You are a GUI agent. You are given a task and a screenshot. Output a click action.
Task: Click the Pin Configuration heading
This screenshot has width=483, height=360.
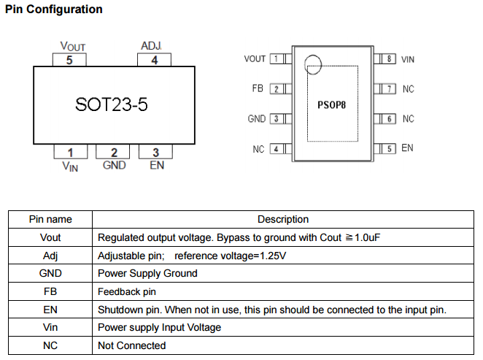[x=53, y=10]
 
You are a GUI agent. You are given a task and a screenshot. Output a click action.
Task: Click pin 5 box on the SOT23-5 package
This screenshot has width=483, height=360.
[x=69, y=60]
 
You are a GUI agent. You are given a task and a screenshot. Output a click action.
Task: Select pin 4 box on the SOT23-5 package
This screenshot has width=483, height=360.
[x=155, y=60]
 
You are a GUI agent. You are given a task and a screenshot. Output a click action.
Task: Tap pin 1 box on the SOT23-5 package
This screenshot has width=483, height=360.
[x=70, y=152]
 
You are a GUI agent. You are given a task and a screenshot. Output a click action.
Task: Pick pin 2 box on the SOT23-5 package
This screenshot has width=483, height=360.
[x=114, y=152]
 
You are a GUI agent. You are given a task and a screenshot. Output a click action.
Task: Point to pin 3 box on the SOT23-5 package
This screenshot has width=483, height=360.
[x=155, y=152]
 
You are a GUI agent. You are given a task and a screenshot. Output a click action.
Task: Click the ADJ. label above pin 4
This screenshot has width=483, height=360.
[x=151, y=46]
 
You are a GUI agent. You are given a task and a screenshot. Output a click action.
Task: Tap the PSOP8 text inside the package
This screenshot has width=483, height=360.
[x=331, y=105]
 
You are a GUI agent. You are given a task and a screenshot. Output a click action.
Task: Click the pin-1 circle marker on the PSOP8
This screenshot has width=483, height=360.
[x=312, y=64]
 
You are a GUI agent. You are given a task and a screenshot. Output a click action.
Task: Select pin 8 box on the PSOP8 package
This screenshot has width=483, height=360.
[x=390, y=58]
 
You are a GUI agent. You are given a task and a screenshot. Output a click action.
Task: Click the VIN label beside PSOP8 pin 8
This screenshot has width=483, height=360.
[x=408, y=58]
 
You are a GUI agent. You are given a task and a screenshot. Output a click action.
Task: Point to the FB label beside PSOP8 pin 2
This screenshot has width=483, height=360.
[x=257, y=88]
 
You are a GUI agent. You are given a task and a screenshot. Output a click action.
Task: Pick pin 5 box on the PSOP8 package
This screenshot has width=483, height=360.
[x=390, y=148]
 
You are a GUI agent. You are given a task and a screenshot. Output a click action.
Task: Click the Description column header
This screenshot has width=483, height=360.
[x=282, y=219]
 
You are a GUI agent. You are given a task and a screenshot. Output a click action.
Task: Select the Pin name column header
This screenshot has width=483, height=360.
[x=50, y=219]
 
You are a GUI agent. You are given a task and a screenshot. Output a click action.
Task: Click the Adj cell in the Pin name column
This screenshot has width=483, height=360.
[x=50, y=256]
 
